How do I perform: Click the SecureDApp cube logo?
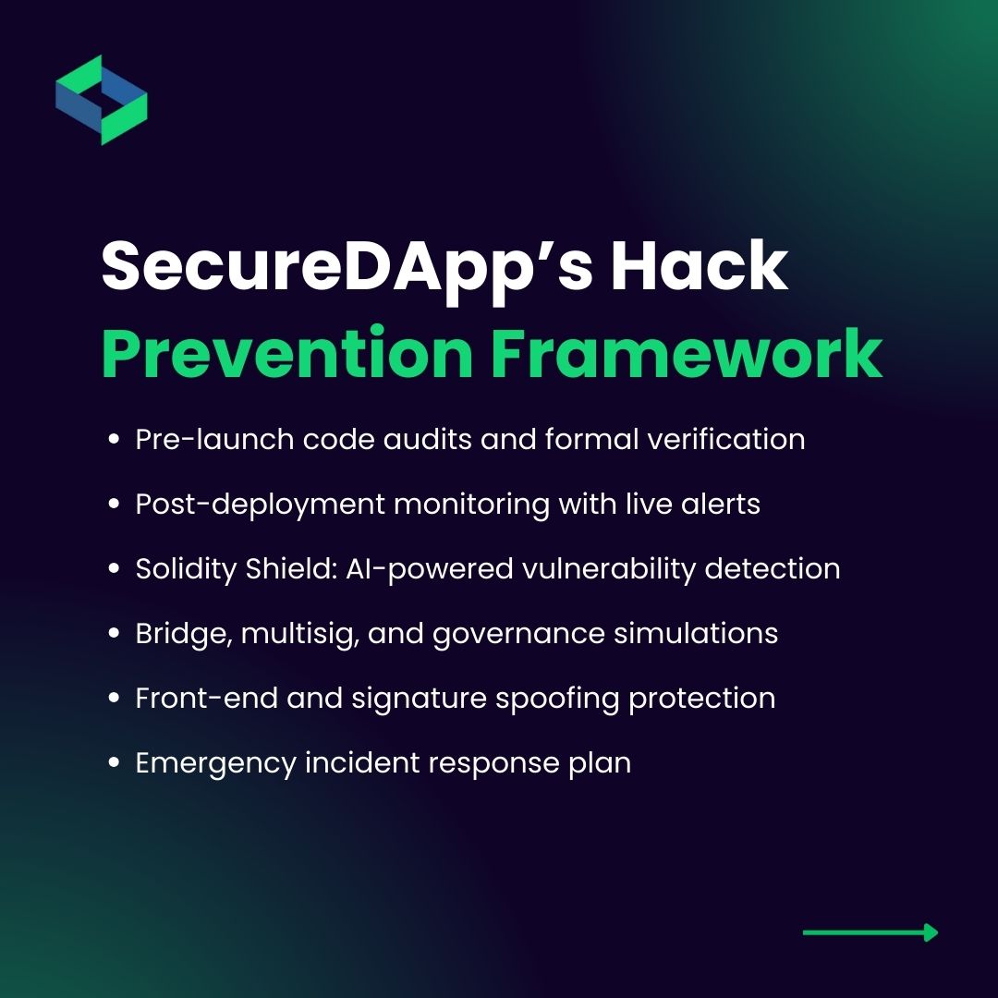(102, 100)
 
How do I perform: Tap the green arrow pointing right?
(870, 932)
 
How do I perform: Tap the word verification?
(730, 440)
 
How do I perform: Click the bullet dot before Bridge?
(115, 635)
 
